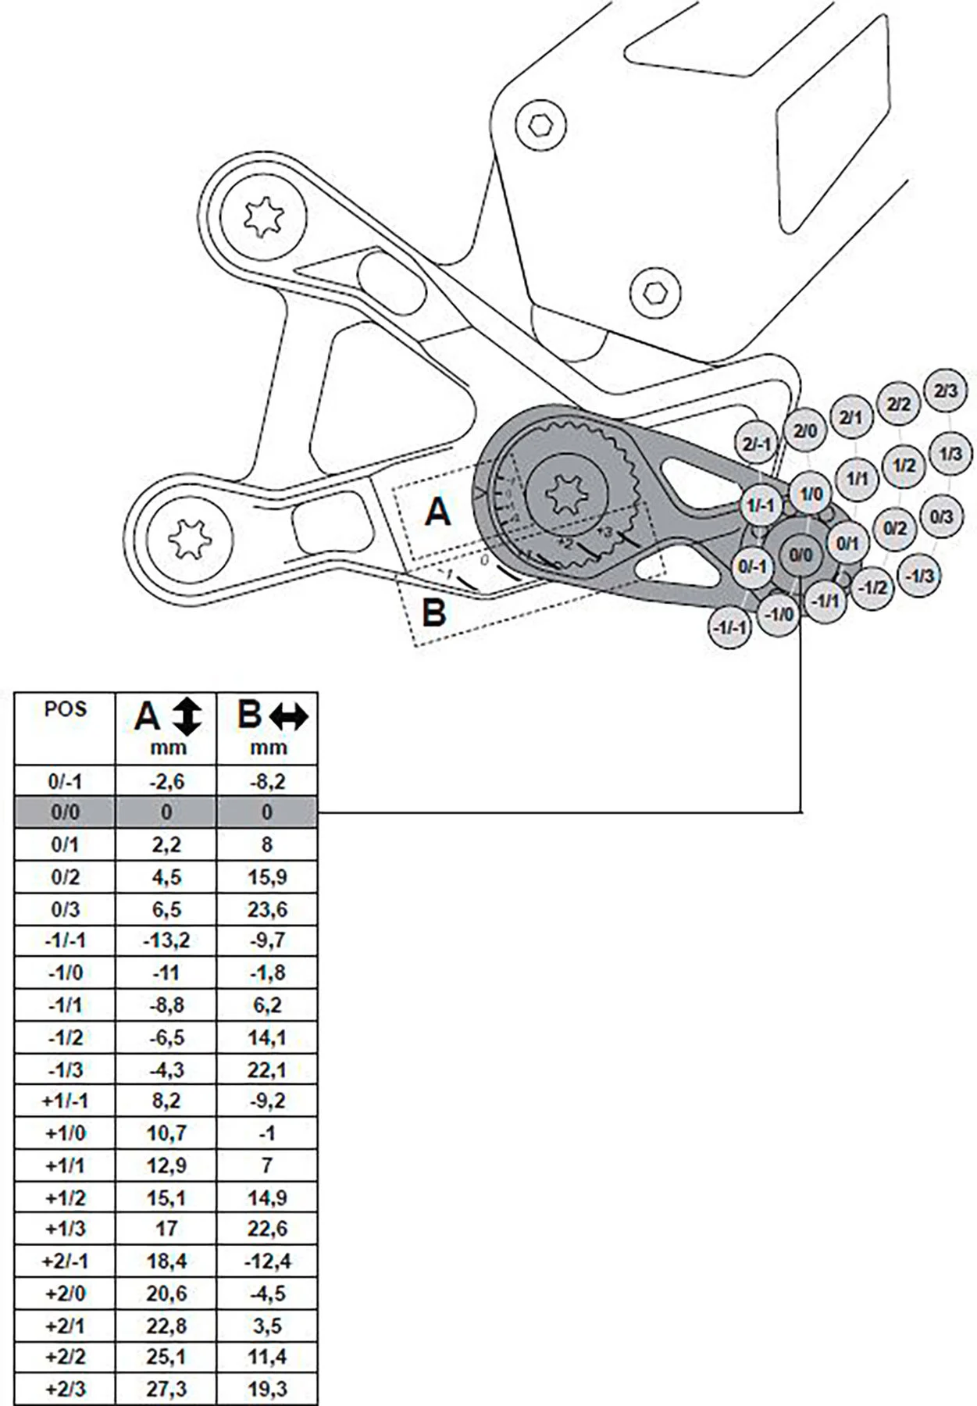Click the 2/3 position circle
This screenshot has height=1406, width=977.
point(945,390)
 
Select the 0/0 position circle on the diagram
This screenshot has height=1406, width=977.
point(800,555)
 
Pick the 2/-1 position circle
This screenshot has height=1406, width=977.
point(757,444)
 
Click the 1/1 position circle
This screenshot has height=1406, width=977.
point(858,477)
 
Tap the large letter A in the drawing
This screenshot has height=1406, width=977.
point(438,512)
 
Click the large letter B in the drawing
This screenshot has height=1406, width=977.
point(433,612)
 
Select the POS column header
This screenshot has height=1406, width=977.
point(66,711)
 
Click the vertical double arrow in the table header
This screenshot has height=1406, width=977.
point(187,716)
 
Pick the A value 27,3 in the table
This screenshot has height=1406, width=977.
point(166,1389)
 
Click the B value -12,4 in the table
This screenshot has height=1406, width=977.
point(267,1261)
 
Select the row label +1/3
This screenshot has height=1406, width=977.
point(66,1229)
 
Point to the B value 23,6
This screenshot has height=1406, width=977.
point(267,909)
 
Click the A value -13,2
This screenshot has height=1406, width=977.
point(166,940)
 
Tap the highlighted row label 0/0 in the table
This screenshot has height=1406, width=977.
point(66,812)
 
